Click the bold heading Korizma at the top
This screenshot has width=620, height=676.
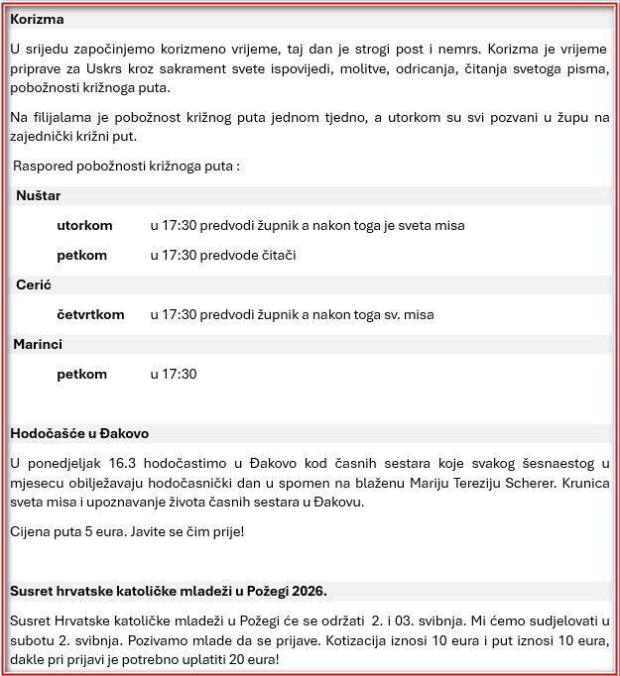pos(39,19)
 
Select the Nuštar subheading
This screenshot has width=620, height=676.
pos(39,196)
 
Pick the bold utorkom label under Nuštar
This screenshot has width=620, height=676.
pos(84,225)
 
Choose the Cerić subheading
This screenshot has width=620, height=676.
pos(34,284)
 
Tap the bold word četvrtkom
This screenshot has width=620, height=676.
pos(90,314)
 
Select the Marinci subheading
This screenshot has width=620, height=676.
pos(38,344)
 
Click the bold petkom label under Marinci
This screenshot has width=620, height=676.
pos(81,374)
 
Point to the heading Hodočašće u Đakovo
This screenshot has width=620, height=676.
pos(79,433)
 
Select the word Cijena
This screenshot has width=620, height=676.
pos(31,531)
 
